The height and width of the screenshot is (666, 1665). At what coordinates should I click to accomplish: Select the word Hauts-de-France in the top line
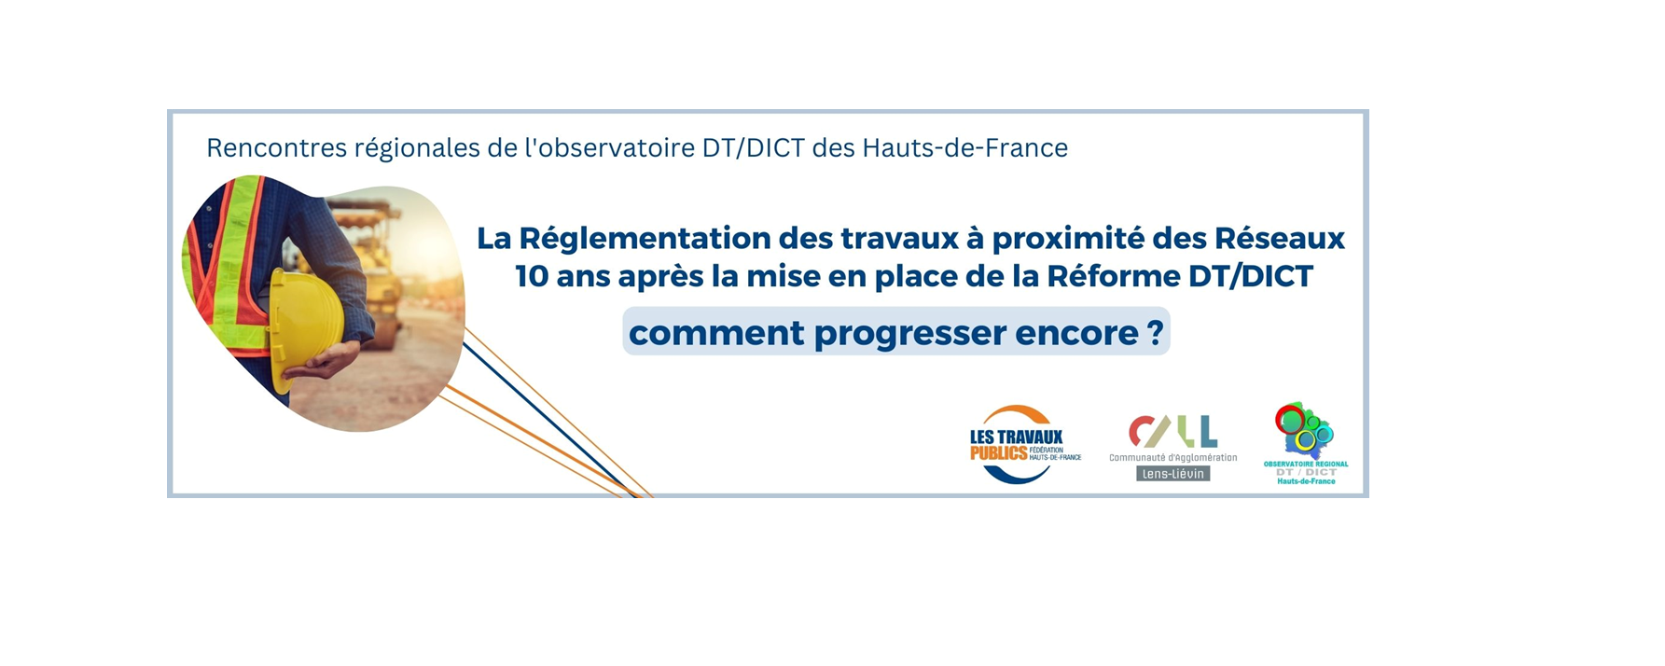tap(965, 148)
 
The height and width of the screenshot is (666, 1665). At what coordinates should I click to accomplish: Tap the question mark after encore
tap(1156, 333)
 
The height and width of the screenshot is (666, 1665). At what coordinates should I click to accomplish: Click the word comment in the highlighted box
tap(716, 334)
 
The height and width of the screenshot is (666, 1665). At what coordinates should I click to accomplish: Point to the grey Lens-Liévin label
tap(1173, 474)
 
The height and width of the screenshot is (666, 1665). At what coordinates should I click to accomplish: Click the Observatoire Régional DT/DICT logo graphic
tap(1305, 431)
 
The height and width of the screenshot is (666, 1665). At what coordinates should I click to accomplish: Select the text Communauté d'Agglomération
tap(1173, 457)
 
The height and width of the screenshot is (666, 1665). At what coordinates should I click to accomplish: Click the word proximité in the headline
tap(1067, 240)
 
